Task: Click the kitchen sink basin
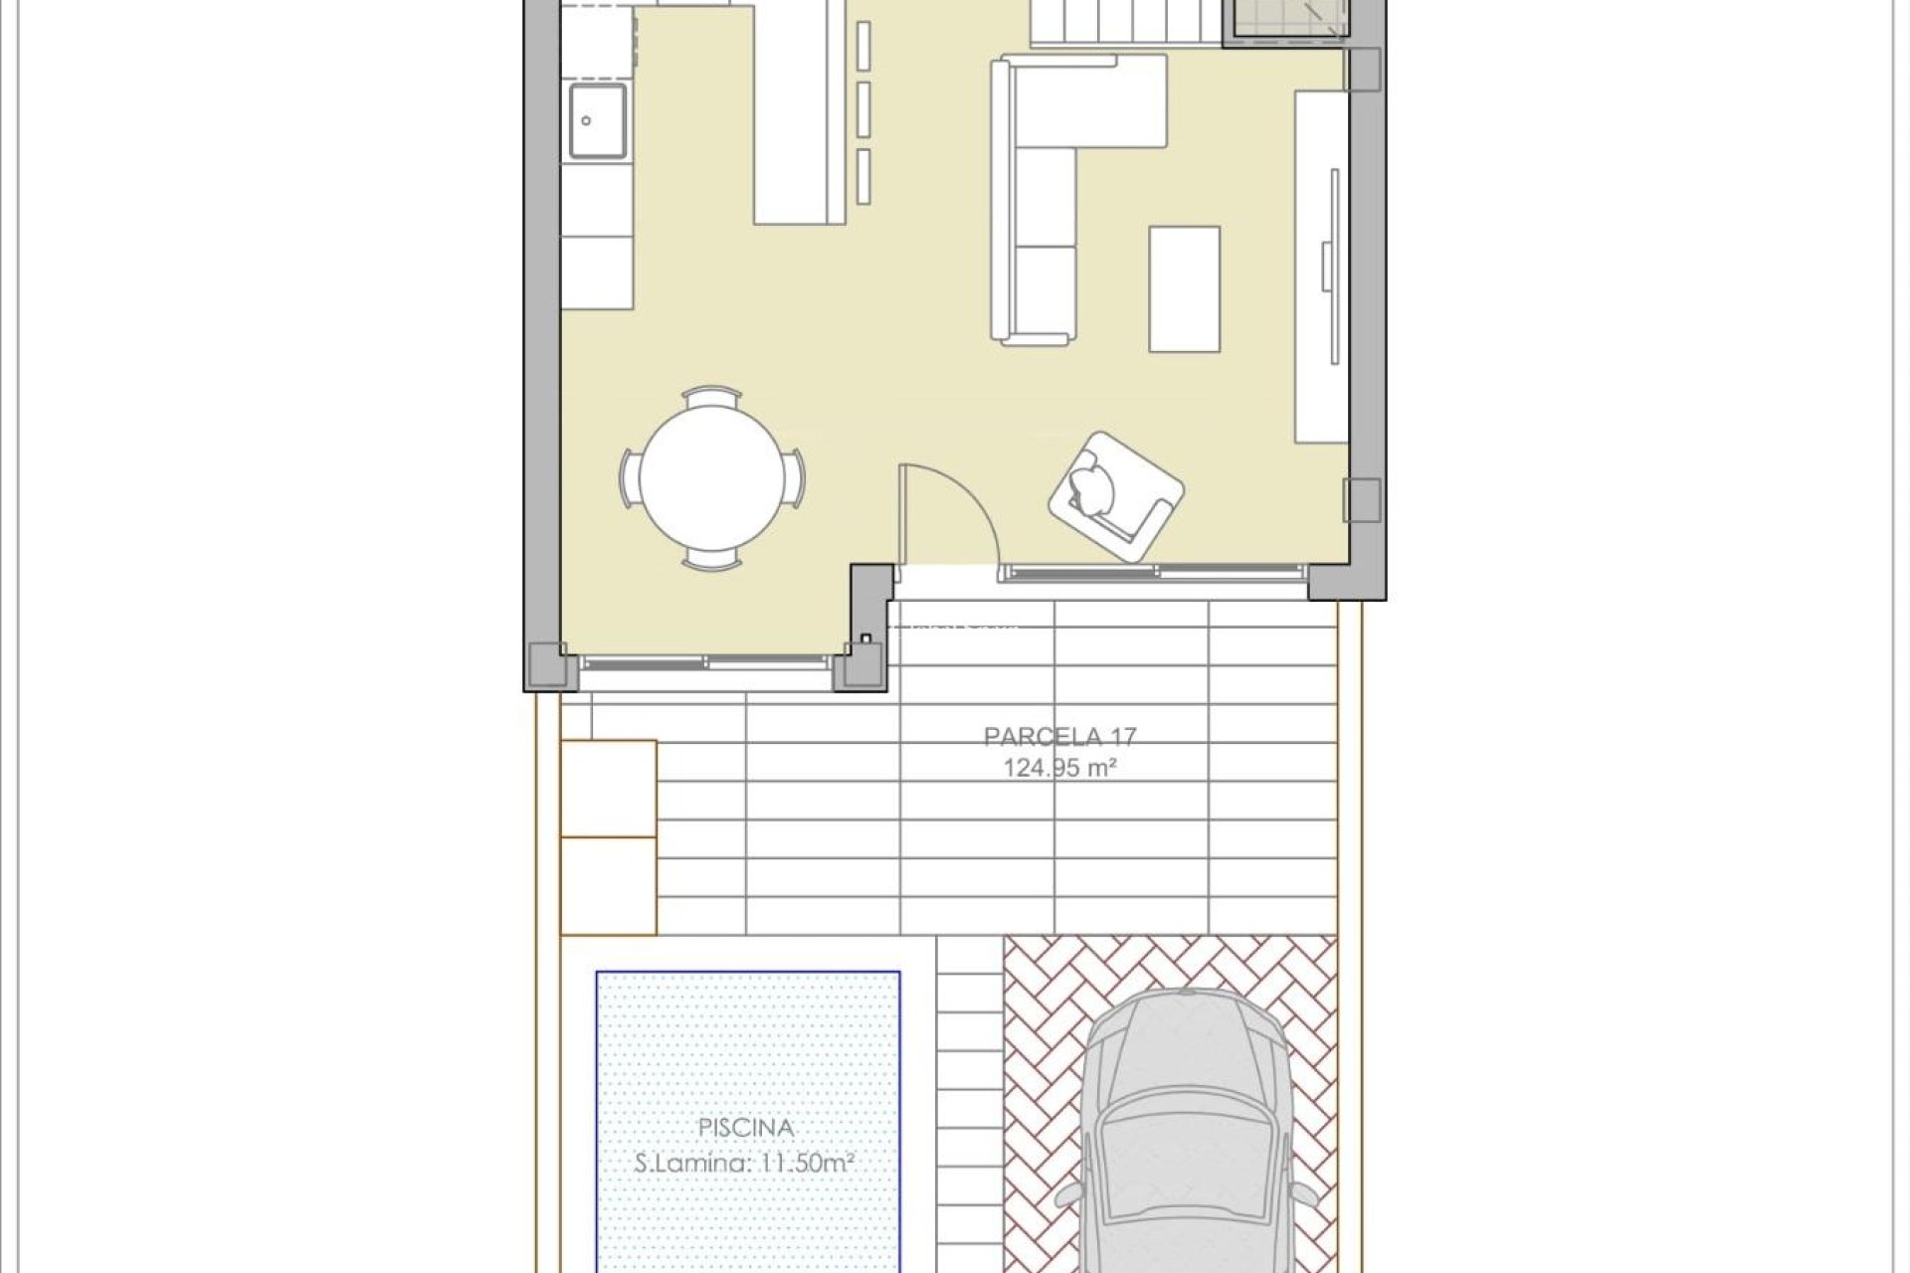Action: tap(597, 121)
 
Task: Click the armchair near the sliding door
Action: tap(1115, 495)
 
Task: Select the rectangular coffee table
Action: tap(1184, 288)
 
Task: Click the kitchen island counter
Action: tap(801, 119)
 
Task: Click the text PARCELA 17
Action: tap(1059, 737)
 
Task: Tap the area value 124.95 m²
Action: tap(1059, 768)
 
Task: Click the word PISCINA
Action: tap(746, 1128)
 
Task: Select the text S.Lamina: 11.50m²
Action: tap(746, 1162)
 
